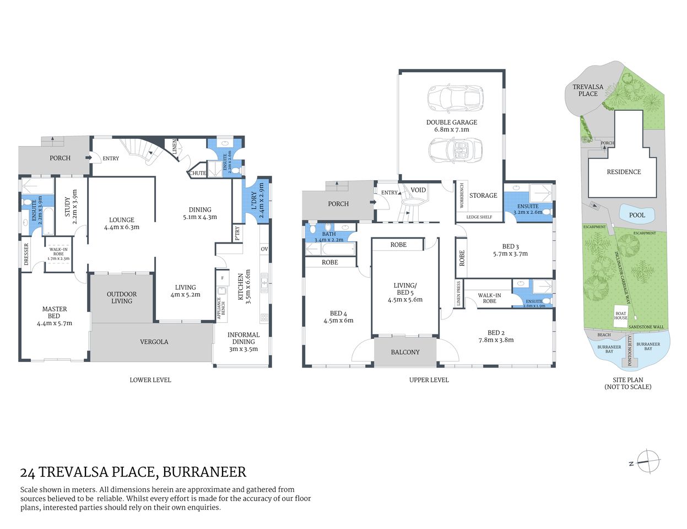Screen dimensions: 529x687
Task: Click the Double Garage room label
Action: (x=451, y=122)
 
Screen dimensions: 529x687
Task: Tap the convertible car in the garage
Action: (x=455, y=149)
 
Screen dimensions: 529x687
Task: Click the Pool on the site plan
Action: (x=637, y=215)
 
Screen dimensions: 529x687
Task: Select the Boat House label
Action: (x=621, y=315)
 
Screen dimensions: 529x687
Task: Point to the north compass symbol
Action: (x=648, y=462)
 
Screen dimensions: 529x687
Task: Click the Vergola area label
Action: (x=154, y=342)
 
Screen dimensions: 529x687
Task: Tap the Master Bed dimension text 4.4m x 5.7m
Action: (x=54, y=323)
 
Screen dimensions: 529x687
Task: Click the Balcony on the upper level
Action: (x=405, y=352)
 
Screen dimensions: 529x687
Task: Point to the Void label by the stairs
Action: (x=418, y=190)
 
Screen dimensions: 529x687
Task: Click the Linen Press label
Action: (x=458, y=294)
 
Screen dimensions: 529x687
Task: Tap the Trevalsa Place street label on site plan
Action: (x=587, y=90)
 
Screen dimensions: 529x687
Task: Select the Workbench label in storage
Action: (x=462, y=195)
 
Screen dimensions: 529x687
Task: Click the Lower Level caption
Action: (x=150, y=380)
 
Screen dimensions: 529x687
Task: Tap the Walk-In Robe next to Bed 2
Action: (x=489, y=298)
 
